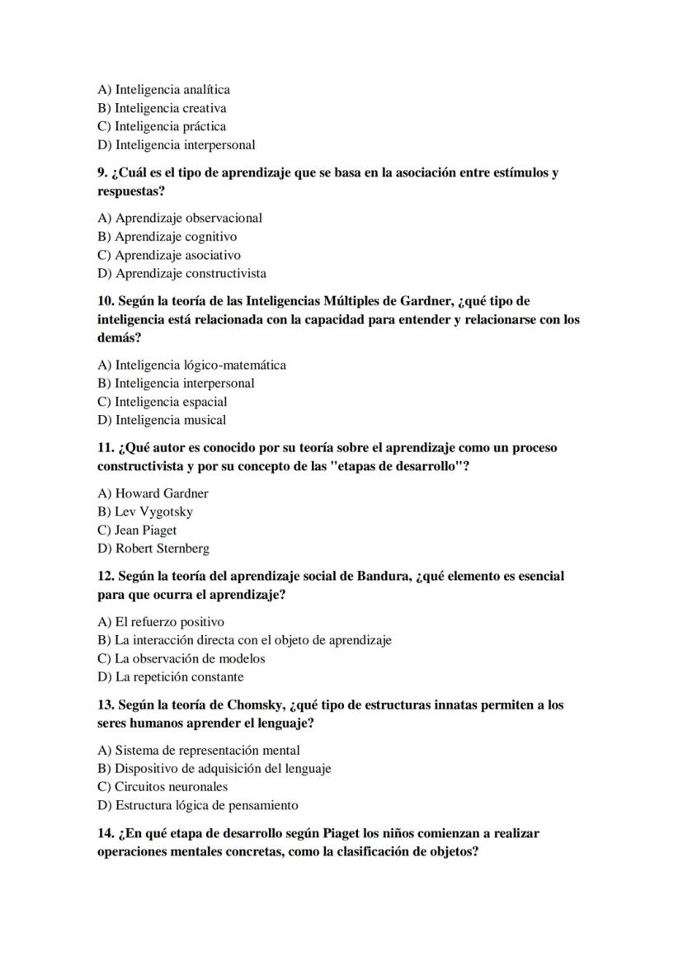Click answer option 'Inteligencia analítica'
tap(163, 90)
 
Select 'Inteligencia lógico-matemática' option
tap(191, 365)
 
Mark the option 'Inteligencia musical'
tap(162, 420)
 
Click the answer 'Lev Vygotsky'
tap(145, 511)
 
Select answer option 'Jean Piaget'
tap(137, 530)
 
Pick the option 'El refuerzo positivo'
tap(161, 622)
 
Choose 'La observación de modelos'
tap(181, 658)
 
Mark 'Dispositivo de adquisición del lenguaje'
tap(214, 768)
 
